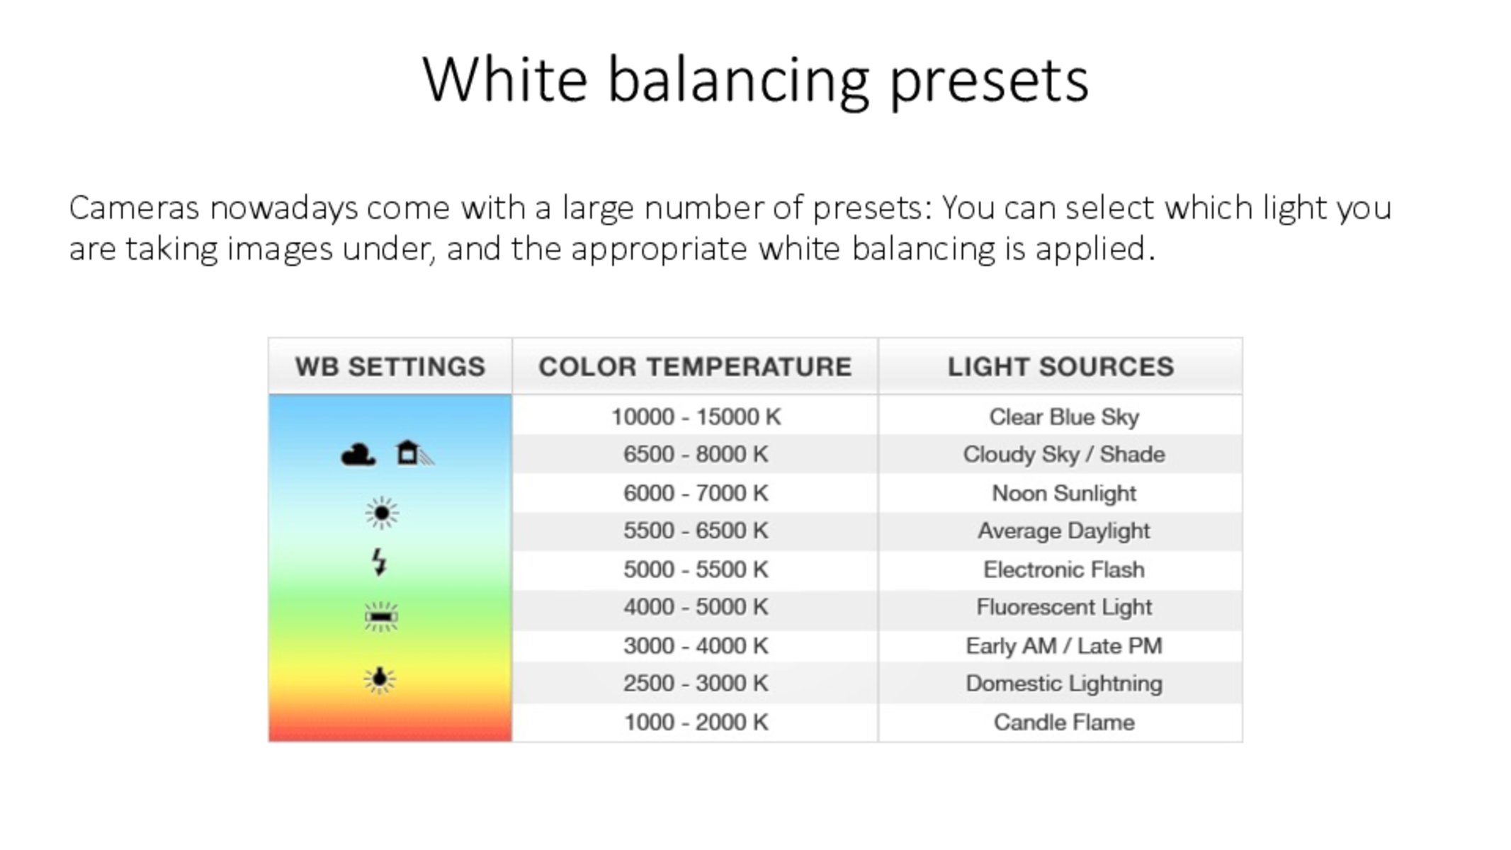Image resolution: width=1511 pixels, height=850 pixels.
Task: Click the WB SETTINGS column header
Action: pos(390,367)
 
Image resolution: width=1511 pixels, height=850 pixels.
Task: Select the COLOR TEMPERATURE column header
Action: pos(695,367)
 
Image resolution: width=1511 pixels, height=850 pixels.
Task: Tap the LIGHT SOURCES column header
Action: pos(1060,367)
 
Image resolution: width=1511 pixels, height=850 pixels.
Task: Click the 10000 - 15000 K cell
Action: pos(696,416)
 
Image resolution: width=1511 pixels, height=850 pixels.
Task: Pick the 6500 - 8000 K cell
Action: pos(696,454)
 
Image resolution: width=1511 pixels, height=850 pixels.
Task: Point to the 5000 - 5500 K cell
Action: pos(696,569)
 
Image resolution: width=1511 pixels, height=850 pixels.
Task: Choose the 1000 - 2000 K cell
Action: pos(696,722)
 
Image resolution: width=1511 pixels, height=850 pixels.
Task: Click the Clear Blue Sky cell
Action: pos(1064,417)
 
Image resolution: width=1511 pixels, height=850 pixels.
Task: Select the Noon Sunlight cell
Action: pos(1064,493)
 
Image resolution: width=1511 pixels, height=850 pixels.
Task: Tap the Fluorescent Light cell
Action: pos(1064,607)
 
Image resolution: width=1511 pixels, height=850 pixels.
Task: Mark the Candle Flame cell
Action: pos(1064,722)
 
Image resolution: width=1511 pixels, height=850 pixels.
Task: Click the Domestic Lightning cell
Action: pos(1064,684)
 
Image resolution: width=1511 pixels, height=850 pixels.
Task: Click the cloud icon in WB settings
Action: pos(358,454)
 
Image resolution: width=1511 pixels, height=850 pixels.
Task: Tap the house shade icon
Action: pos(414,453)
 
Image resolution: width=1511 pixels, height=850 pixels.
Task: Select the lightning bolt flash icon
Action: pos(380,562)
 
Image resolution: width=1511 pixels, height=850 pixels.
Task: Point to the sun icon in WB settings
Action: pos(382,512)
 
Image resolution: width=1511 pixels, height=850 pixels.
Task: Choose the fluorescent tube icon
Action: pos(381,617)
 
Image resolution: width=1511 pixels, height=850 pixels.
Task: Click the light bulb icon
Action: pos(380,680)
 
